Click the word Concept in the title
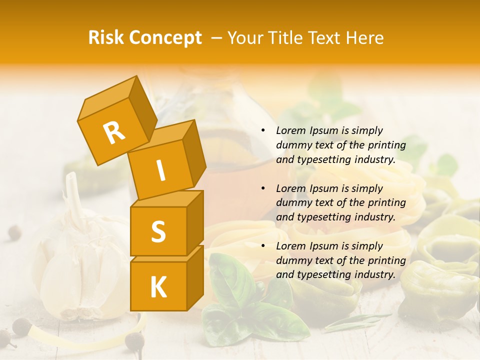pyautogui.click(x=165, y=38)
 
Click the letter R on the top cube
pyautogui.click(x=114, y=133)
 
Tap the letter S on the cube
pyautogui.click(x=158, y=231)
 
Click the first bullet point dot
pyautogui.click(x=263, y=131)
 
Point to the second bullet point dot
pyautogui.click(x=263, y=189)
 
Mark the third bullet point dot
pyautogui.click(x=263, y=246)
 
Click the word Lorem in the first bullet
pyautogui.click(x=290, y=131)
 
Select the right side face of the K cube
pyautogui.click(x=195, y=277)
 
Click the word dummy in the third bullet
pyautogui.click(x=292, y=260)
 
